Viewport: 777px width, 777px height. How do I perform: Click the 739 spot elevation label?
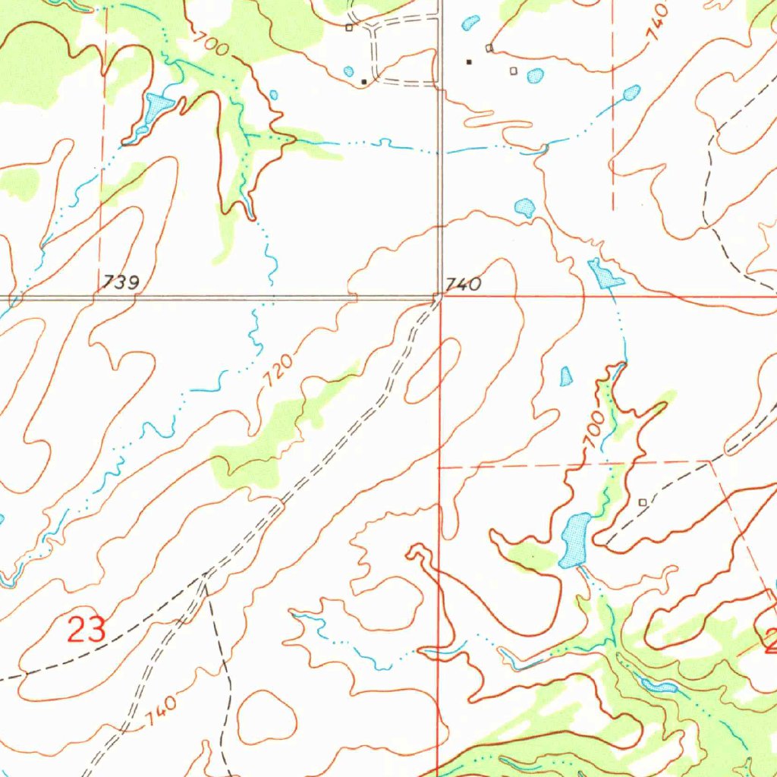coord(122,284)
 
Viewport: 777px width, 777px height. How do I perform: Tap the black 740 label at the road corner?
coord(463,285)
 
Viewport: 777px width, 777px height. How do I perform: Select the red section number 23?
coord(86,630)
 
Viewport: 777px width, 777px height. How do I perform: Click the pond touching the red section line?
coord(605,275)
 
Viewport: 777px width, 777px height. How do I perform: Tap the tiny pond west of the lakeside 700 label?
coord(566,376)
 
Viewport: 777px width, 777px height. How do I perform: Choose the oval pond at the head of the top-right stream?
coord(631,93)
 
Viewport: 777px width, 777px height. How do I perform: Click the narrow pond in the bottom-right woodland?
coord(659,687)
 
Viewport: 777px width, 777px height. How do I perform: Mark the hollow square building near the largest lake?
coord(643,502)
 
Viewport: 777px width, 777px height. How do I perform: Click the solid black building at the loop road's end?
coord(364,80)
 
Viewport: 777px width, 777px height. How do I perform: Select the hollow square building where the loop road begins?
coord(349,27)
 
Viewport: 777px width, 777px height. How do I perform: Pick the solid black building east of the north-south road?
coord(469,61)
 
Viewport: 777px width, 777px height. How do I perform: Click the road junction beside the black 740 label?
coord(439,297)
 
